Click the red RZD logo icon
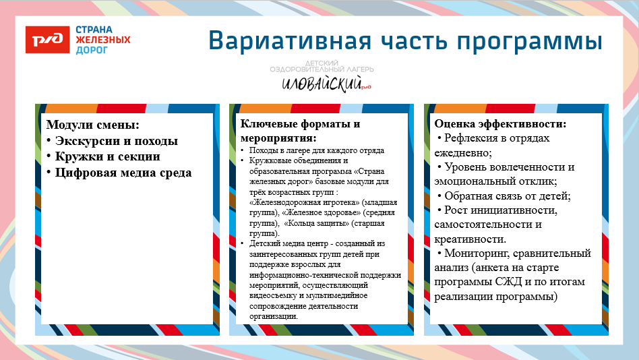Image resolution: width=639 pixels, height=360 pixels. pyautogui.click(x=47, y=40)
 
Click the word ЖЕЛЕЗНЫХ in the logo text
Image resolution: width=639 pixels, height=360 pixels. pyautogui.click(x=102, y=40)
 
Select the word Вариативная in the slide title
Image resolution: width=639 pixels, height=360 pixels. pyautogui.click(x=289, y=40)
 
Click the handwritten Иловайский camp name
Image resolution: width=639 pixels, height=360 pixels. pyautogui.click(x=322, y=84)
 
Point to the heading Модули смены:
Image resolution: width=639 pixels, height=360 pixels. pyautogui.click(x=92, y=125)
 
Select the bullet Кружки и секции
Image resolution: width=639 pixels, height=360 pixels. pyautogui.click(x=108, y=156)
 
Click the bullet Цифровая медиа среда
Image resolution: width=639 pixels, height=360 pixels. pyautogui.click(x=123, y=173)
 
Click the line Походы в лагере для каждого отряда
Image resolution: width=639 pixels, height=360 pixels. pyautogui.click(x=316, y=150)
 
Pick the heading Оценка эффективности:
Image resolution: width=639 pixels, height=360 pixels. pyautogui.click(x=500, y=124)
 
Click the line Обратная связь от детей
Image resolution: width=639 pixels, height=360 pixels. pyautogui.click(x=508, y=196)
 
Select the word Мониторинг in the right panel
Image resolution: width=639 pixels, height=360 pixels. pyautogui.click(x=481, y=253)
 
